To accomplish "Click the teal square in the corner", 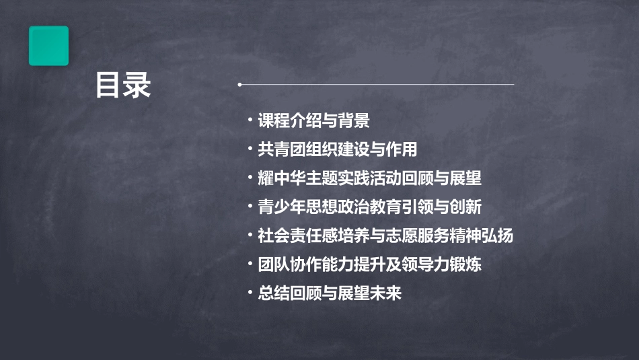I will point(48,46).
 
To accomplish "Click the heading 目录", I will point(123,86).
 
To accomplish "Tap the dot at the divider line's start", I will point(239,85).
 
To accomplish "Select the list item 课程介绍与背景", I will point(313,121).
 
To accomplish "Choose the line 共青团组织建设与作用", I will point(342,149).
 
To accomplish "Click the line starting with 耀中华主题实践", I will point(369,178).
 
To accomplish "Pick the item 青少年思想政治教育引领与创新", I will point(369,207).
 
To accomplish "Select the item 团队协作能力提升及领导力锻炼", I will point(369,264).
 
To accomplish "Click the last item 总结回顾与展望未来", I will point(330,293).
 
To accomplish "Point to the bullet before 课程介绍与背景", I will point(251,121).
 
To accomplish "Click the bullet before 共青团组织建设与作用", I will point(251,149).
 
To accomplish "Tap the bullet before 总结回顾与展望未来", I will point(251,293).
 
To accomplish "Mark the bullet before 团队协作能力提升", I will point(251,264).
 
